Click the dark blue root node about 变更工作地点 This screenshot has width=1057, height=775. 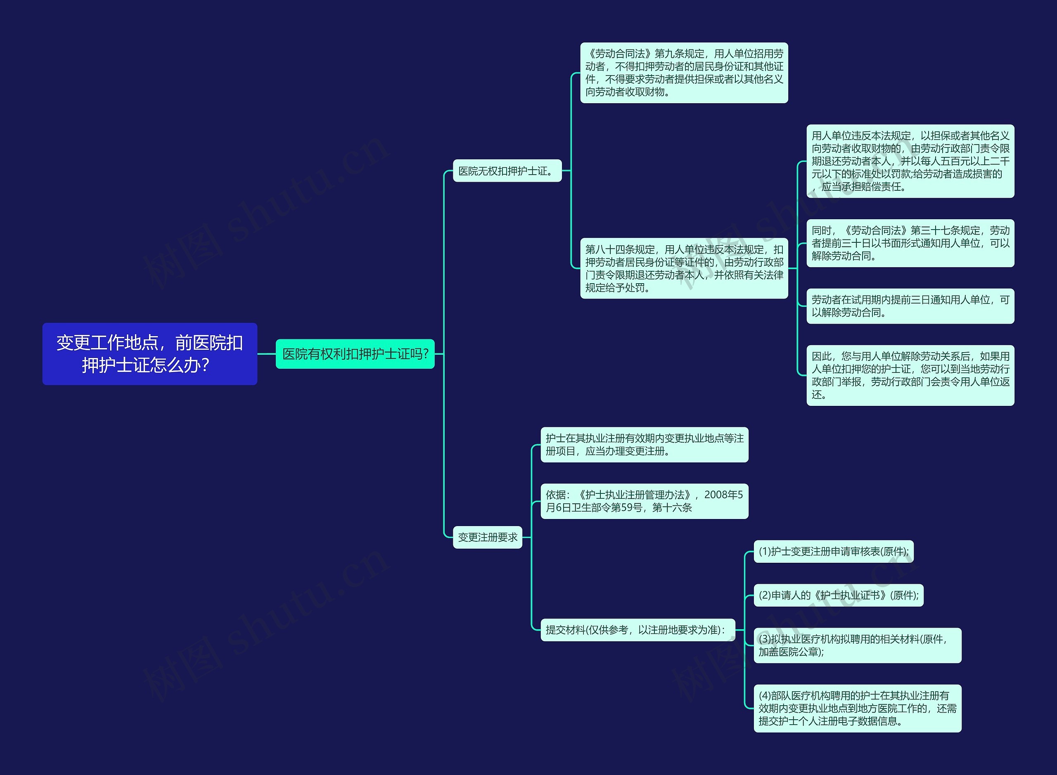pos(149,354)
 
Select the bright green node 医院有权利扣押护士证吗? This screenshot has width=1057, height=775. pos(355,354)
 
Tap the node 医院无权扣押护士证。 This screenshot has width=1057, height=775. pos(507,171)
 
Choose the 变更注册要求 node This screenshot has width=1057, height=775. pos(488,537)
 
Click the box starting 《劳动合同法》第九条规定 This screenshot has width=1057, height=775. pos(684,73)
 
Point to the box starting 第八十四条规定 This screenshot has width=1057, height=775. pos(684,268)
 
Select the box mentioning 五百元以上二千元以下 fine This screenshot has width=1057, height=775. pos(910,161)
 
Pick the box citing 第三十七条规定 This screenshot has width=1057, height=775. pos(910,243)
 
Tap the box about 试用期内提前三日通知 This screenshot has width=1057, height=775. pos(910,306)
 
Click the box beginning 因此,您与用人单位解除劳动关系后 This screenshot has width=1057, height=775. pos(910,375)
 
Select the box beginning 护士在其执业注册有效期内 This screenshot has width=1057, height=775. pos(644,445)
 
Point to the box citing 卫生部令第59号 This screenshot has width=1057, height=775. pos(644,501)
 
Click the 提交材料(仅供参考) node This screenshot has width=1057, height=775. pos(638,630)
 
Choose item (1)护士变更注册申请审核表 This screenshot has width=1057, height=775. pos(833,551)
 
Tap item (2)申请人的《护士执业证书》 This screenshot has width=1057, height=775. pos(839,595)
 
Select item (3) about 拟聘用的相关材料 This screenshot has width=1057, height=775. pos(857,645)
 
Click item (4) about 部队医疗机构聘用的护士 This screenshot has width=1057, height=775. pos(857,708)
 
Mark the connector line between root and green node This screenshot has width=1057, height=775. pos(266,354)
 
